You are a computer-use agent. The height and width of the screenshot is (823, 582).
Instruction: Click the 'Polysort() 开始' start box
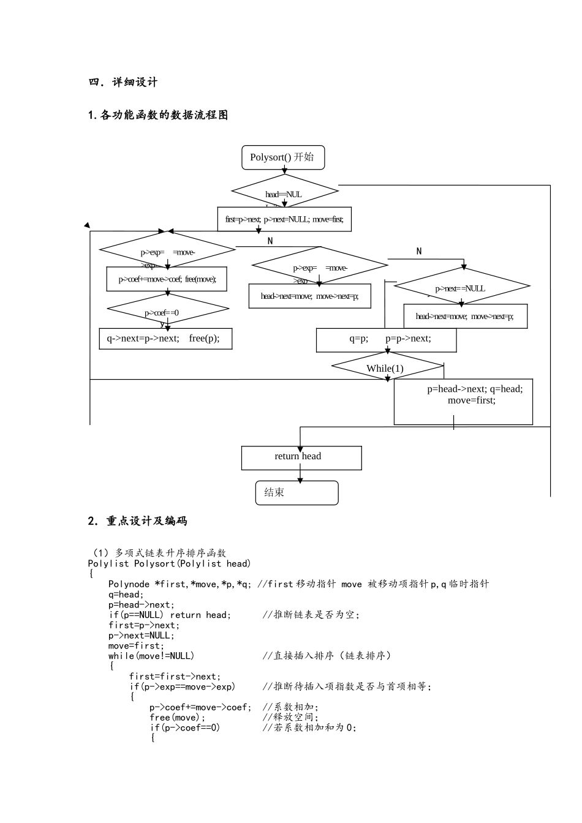point(282,157)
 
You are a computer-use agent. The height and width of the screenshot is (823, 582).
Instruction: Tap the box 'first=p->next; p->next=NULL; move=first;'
point(284,219)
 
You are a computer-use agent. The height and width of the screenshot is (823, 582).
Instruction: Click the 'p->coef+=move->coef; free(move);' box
point(167,279)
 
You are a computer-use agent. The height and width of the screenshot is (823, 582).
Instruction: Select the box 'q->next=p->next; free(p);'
point(165,339)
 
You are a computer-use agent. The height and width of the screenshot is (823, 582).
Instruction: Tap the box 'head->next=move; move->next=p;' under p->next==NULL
point(465,317)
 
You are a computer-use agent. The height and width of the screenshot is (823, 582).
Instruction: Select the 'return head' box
point(301,457)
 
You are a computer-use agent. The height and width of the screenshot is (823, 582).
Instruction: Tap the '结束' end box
point(297,493)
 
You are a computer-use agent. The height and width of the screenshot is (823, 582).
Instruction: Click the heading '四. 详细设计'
point(123,82)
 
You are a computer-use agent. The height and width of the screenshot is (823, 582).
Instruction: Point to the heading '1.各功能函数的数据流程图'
point(158,115)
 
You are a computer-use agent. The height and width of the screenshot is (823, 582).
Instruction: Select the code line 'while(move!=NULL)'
point(151,656)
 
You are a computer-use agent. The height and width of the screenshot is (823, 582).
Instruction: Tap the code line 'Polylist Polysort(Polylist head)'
point(169,563)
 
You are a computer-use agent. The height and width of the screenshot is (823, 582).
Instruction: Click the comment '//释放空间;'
point(291,717)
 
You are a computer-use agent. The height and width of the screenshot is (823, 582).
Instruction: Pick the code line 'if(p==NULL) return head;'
point(170,615)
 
